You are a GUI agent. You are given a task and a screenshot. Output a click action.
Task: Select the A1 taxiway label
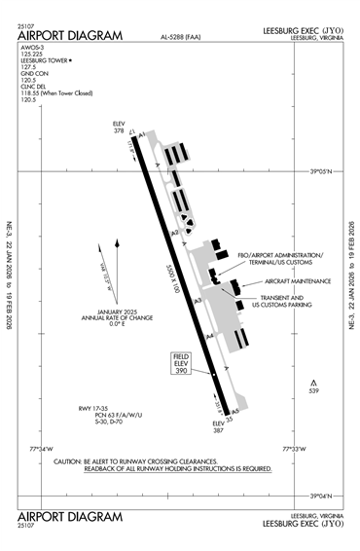[x=143, y=134]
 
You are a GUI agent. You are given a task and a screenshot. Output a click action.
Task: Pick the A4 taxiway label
[x=210, y=336]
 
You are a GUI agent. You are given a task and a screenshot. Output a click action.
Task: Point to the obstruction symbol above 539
[x=313, y=382]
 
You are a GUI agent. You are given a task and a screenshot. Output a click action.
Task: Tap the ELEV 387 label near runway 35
[x=218, y=425]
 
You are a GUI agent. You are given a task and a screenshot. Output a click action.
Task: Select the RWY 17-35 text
[x=97, y=407]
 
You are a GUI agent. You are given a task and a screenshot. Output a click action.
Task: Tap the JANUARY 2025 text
[x=105, y=312]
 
